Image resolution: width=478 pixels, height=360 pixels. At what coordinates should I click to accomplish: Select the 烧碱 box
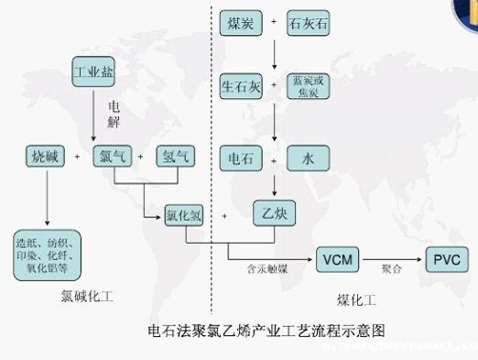[45, 156]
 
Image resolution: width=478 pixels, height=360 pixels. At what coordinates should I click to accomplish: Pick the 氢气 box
[174, 156]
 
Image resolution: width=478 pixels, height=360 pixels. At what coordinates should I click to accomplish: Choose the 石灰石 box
[308, 21]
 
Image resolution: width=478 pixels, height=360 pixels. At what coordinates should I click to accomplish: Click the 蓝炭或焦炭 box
[309, 87]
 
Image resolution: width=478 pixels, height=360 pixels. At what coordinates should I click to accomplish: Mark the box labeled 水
[309, 158]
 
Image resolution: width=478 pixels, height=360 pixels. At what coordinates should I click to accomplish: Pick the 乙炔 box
[274, 215]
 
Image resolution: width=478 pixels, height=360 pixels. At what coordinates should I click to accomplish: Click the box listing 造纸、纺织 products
[49, 251]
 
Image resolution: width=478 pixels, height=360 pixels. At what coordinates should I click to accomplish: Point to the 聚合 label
[393, 270]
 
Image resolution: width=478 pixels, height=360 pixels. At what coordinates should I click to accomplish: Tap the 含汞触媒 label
[267, 271]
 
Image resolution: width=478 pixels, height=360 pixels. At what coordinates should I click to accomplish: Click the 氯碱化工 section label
[88, 297]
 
